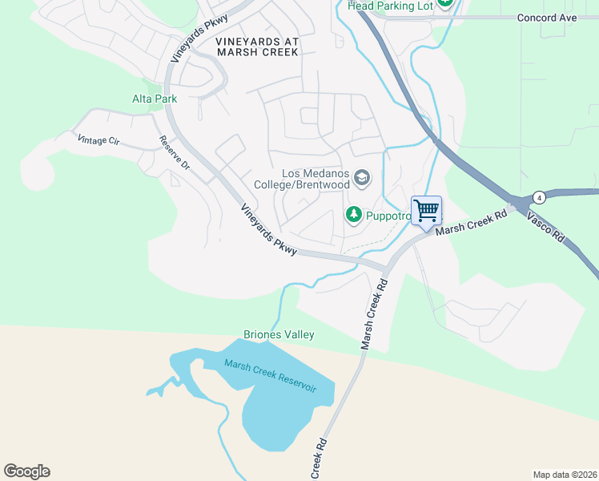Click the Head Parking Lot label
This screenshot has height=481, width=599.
click(392, 6)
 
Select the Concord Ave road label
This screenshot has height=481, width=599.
click(547, 17)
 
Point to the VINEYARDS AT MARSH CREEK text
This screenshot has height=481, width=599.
click(257, 46)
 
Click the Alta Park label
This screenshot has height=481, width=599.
click(154, 99)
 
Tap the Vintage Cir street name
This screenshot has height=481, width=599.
click(98, 140)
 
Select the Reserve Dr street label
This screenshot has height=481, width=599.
click(174, 152)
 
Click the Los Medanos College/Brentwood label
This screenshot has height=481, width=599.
click(302, 179)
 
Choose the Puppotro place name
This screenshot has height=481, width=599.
click(388, 215)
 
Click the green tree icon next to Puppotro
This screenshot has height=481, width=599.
click(353, 214)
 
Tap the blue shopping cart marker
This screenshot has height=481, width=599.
click(426, 211)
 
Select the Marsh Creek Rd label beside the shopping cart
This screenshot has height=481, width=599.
click(472, 222)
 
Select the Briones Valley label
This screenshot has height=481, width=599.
click(279, 334)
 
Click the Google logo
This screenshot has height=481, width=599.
click(26, 471)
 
